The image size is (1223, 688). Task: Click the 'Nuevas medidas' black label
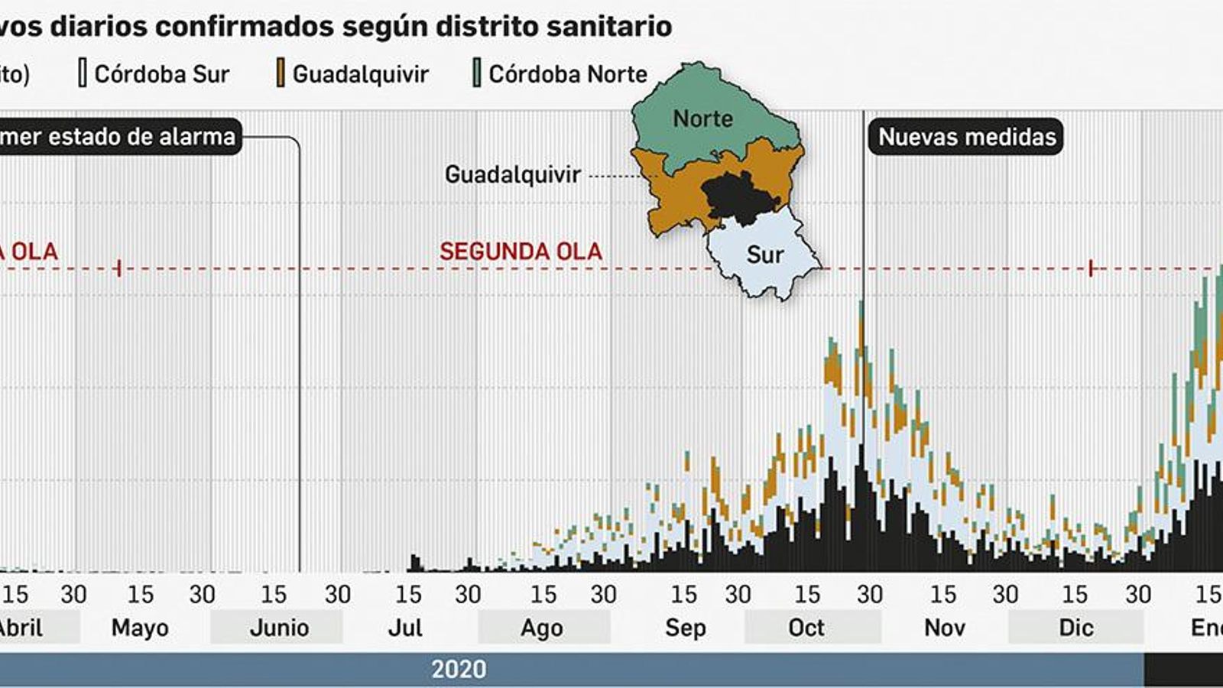966,137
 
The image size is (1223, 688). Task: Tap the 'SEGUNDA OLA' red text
521,252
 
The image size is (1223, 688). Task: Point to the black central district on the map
738,195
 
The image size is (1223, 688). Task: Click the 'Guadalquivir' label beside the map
513,174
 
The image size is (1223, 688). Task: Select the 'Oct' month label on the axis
806,628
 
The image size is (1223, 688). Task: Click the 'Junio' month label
279,628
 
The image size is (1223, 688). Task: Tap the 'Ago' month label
542,628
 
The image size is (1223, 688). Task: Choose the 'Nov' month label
944,628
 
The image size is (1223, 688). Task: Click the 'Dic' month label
1075,628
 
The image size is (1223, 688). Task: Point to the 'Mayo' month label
140,628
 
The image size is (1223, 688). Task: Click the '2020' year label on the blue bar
459,669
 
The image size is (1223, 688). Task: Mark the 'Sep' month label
685,628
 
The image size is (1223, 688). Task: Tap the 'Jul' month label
405,628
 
